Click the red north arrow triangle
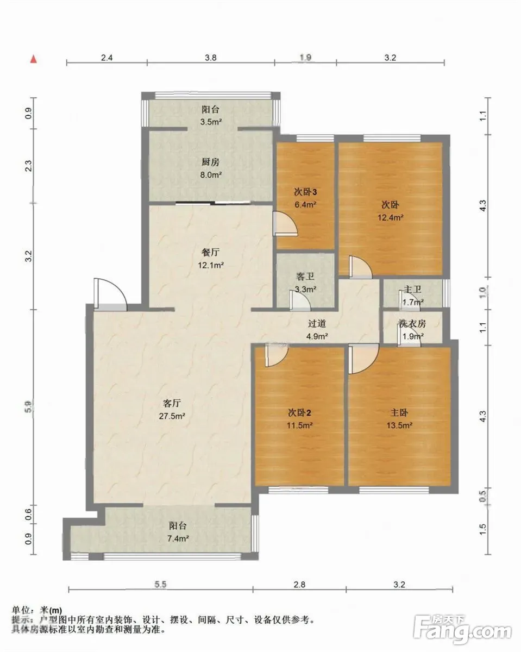34,59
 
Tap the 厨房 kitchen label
211,162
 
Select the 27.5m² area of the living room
172,416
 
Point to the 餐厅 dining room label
211,252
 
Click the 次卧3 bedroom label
305,192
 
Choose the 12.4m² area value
390,217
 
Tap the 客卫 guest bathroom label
305,277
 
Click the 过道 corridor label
317,323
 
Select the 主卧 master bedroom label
399,412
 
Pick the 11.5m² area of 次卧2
299,425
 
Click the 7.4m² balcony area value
178,538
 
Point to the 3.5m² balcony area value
211,122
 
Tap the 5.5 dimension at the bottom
161,584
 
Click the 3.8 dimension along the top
211,58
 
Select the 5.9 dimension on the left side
28,407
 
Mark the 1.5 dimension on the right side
483,529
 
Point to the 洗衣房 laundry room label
412,324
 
